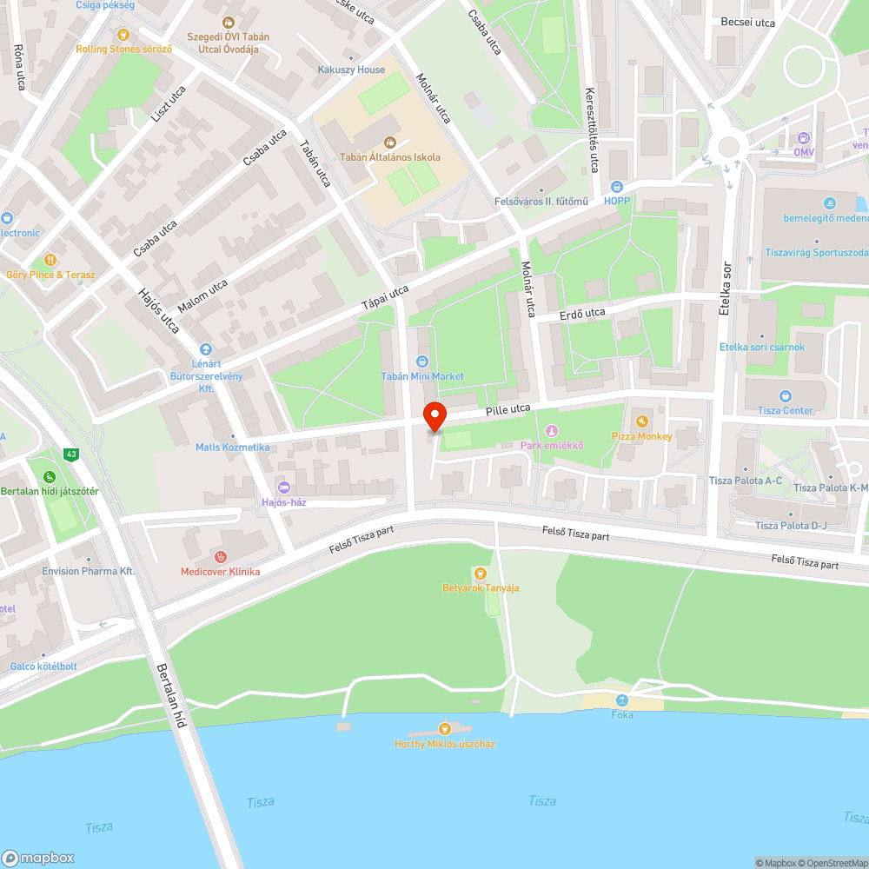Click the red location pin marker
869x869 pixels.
tap(434, 416)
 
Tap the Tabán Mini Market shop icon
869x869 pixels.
tap(422, 361)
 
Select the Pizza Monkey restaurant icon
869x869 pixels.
tap(642, 421)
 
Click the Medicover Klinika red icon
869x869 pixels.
tap(220, 556)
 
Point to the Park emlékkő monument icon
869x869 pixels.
tap(551, 431)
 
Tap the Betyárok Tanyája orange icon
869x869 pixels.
tap(480, 573)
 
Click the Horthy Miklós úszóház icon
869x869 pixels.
tap(444, 728)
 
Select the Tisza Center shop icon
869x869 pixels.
tap(786, 395)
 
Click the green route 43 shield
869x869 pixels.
tap(70, 454)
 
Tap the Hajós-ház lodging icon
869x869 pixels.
tap(284, 487)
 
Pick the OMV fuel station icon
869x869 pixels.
tap(803, 137)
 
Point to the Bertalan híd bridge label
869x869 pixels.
tap(171, 695)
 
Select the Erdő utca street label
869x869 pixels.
tap(582, 312)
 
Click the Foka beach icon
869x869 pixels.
tap(621, 700)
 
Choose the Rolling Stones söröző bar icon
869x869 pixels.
tap(123, 35)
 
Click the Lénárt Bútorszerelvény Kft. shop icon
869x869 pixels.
tap(205, 348)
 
